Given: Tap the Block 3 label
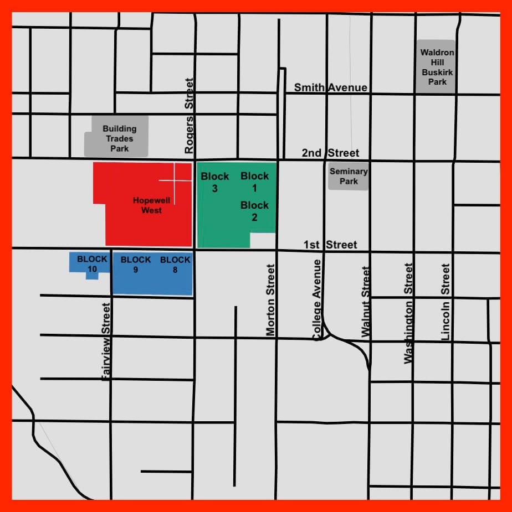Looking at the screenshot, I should point(214,182).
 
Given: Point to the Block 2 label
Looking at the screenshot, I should point(254,211).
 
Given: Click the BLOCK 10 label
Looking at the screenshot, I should point(92,264).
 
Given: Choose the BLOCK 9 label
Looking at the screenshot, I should point(136,265).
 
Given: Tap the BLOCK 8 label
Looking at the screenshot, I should point(175,265).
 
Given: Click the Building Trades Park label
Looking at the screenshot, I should point(119,138).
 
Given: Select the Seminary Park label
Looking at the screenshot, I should point(349,176).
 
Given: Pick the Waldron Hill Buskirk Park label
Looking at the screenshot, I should point(437,67).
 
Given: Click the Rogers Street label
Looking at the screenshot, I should point(190,116).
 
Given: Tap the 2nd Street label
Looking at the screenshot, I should point(330,153).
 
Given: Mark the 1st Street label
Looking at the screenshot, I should point(330,245).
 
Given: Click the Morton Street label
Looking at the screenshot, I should point(270,300).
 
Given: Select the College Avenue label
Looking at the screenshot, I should point(317,299).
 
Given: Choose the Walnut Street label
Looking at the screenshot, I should point(365,302).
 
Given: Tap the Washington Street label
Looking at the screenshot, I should point(409,313).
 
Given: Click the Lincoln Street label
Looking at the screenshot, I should point(446,301).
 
